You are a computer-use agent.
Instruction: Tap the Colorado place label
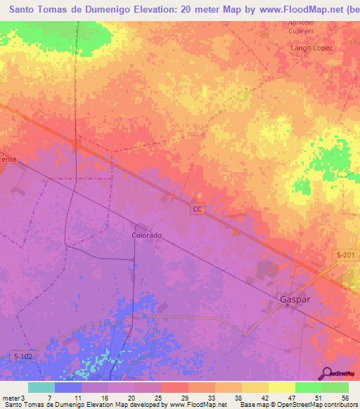147,235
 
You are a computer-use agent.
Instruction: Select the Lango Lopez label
311,48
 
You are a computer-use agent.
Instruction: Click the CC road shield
198,210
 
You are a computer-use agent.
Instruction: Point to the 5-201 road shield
344,255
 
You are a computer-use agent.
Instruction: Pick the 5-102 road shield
24,356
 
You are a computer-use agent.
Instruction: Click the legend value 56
344,397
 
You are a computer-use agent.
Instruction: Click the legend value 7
50,397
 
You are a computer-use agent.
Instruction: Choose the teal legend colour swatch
41,387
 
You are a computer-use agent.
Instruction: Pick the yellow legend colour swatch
282,387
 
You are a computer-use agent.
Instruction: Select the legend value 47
291,397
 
